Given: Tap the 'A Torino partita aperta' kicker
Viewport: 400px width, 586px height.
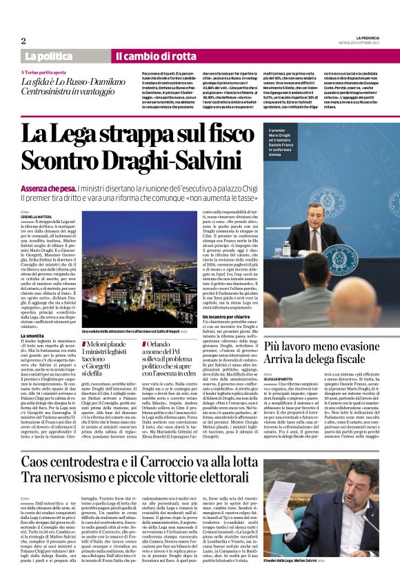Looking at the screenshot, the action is click(48, 72).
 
